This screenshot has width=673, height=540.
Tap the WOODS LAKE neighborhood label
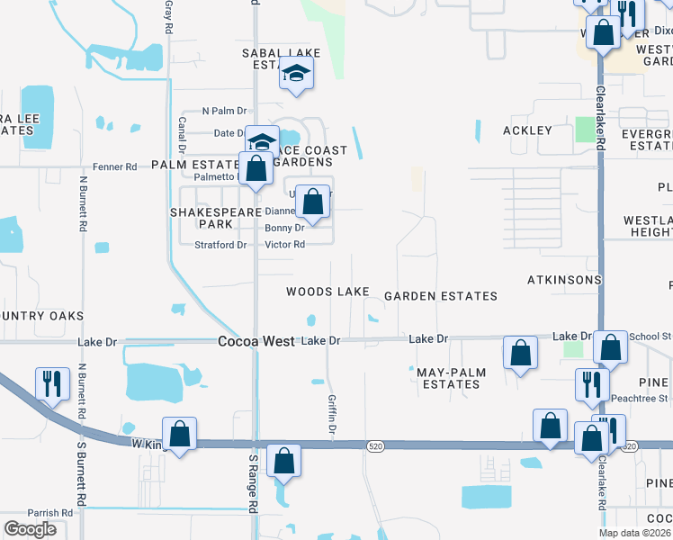(328, 292)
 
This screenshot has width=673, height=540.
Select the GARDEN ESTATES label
(440, 296)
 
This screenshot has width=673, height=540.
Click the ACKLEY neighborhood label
(526, 130)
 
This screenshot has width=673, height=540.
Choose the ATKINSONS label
(563, 280)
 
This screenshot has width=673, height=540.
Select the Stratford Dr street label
(221, 245)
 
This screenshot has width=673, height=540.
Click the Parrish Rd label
(49, 513)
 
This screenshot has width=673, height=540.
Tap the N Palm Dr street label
(224, 111)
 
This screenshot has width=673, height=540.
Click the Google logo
(30, 529)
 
